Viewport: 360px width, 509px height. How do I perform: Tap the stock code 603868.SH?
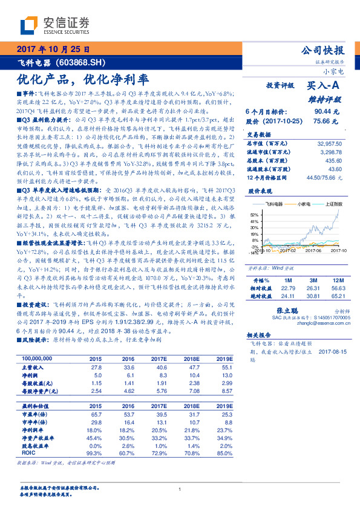79,62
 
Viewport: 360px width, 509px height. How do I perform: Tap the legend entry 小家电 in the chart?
305,204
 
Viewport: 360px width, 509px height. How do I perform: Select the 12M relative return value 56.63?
338,288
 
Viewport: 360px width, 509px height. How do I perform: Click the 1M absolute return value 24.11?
288,296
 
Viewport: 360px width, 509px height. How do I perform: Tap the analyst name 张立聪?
277,309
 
